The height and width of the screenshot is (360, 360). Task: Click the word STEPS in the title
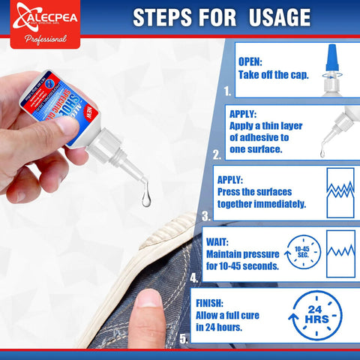164,17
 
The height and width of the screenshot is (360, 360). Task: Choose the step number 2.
217,154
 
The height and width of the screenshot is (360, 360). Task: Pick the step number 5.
184,338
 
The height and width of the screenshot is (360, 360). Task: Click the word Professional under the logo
40,39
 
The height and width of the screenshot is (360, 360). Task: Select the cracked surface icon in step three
340,192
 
